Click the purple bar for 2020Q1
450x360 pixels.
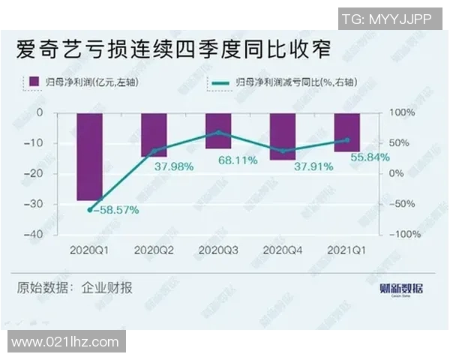(x=89, y=157)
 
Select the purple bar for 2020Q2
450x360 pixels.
(x=154, y=134)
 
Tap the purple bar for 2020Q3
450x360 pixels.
(x=218, y=130)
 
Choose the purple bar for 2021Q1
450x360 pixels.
(x=346, y=132)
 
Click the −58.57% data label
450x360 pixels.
(x=115, y=211)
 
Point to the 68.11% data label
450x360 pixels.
(x=238, y=160)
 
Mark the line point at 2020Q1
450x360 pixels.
(x=89, y=210)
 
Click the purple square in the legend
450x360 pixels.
(x=32, y=81)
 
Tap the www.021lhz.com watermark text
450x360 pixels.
(x=65, y=342)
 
